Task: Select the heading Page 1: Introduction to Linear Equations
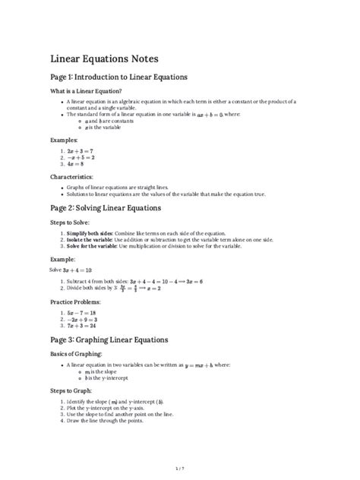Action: [118, 77]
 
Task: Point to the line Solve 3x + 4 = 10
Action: [71, 270]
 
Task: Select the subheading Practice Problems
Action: [77, 302]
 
